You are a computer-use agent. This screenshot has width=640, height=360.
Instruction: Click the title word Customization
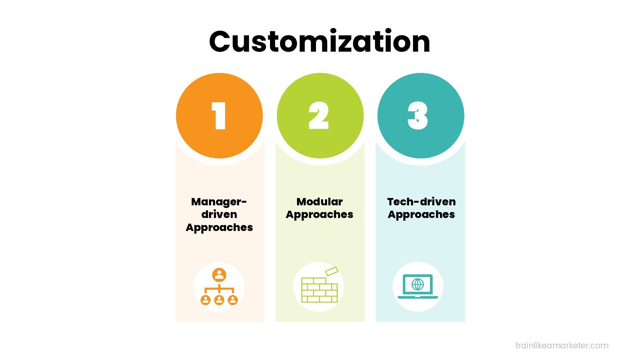tap(320, 42)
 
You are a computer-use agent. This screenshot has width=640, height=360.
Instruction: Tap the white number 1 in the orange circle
tap(219, 116)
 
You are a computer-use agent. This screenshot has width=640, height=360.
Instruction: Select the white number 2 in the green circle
tap(319, 116)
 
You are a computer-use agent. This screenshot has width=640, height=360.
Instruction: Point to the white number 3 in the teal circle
tap(418, 116)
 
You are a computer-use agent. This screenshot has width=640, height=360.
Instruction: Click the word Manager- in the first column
tap(219, 202)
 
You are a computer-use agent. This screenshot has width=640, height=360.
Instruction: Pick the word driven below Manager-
tap(219, 214)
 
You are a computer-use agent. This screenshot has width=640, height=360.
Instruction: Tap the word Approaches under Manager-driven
tap(219, 227)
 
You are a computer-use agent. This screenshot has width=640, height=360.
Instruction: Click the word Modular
tap(319, 202)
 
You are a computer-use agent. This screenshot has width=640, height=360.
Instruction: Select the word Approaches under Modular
tap(319, 214)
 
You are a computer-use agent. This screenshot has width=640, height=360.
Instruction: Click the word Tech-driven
tap(421, 202)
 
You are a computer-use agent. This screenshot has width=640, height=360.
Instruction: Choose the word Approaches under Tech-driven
tap(421, 214)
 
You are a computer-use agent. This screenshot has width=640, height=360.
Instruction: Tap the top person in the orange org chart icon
tap(219, 275)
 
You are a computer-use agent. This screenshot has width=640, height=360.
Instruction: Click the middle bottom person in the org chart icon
tap(219, 300)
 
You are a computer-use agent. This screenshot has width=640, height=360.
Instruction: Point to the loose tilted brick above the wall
tap(331, 271)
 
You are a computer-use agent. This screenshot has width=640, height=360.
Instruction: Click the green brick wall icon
tap(319, 290)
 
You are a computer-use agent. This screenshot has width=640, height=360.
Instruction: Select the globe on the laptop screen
tap(418, 284)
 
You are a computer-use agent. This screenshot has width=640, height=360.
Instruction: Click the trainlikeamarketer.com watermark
tap(562, 345)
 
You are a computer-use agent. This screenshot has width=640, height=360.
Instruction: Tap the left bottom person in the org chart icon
tap(206, 300)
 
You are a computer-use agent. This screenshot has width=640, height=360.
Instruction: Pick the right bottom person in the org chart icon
tap(233, 300)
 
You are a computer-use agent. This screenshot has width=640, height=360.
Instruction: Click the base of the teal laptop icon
tap(418, 297)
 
